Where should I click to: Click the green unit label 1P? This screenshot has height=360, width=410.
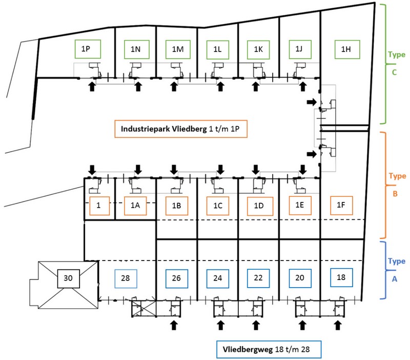tap(87, 49)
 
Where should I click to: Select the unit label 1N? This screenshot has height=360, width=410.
tap(136, 49)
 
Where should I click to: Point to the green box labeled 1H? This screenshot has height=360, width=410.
tap(346, 49)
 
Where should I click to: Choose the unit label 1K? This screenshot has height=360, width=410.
tap(258, 49)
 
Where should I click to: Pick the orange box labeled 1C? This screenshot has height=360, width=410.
tap(217, 206)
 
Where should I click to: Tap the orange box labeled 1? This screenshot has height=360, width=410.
tap(100, 205)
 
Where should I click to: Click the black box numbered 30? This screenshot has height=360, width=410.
tap(68, 279)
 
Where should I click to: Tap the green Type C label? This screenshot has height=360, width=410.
tap(394, 63)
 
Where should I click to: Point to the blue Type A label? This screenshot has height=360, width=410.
tap(394, 269)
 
